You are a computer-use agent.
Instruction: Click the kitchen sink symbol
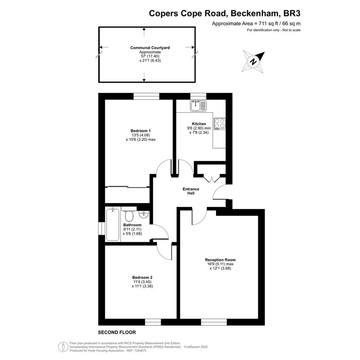click(198, 106)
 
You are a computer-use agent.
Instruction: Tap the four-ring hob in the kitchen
click(220, 124)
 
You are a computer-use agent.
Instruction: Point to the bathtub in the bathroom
click(113, 224)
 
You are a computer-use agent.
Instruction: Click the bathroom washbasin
click(144, 214)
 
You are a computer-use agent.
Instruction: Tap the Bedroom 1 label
click(141, 131)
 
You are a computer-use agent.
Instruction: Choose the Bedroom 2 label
click(142, 277)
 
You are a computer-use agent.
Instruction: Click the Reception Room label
click(220, 260)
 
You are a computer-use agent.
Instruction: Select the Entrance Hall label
click(191, 191)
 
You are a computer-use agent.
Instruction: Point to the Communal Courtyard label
click(150, 48)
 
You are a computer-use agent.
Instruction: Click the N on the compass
click(253, 62)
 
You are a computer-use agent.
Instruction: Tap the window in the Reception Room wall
click(214, 322)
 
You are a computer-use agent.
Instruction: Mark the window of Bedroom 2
click(153, 322)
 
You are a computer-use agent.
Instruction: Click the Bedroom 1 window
click(147, 96)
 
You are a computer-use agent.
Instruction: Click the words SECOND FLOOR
click(117, 332)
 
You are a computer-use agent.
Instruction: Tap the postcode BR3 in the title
click(292, 13)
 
